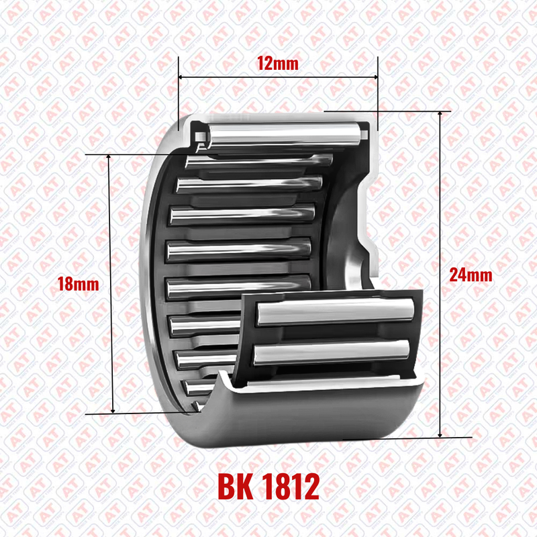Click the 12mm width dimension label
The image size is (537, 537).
coord(277,63)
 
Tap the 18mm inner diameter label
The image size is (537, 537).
coord(78,284)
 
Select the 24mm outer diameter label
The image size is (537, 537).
coord(471,275)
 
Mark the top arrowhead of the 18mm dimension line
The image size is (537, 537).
coord(109,157)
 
